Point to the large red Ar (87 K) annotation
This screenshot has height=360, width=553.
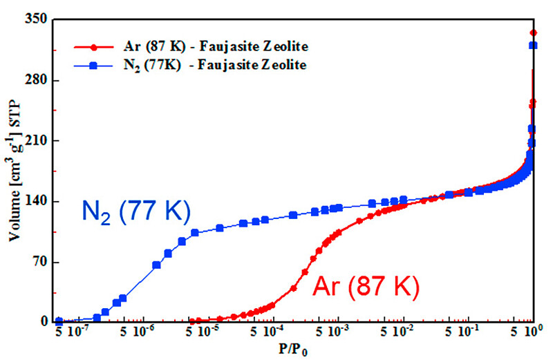[x=366, y=285]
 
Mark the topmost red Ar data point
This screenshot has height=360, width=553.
[x=533, y=32]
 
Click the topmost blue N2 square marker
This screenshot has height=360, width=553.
[x=533, y=46]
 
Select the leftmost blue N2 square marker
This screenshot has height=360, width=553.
[x=59, y=322]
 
